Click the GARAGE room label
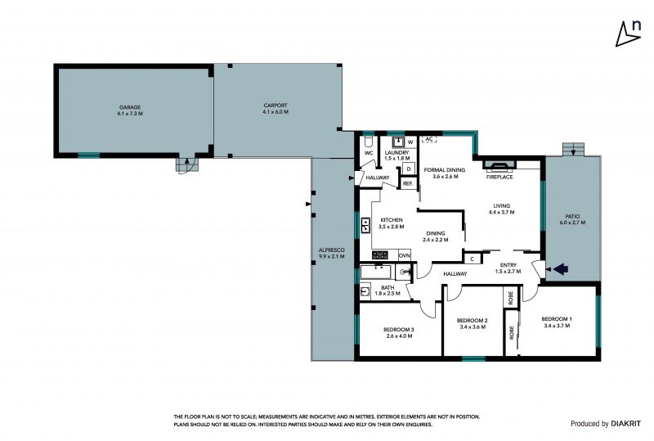click(x=130, y=107)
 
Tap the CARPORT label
click(x=275, y=106)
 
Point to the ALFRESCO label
click(x=332, y=250)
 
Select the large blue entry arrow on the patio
click(x=561, y=269)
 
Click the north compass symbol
click(x=628, y=33)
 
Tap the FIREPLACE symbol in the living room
click(x=499, y=165)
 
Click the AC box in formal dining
click(x=428, y=139)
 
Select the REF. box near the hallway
click(x=407, y=183)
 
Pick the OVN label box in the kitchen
click(x=404, y=255)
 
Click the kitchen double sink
click(x=365, y=225)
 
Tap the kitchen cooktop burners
click(x=380, y=254)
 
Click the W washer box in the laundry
click(x=410, y=142)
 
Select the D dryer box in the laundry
click(x=409, y=169)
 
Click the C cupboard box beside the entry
click(x=473, y=259)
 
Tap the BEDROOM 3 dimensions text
click(x=399, y=335)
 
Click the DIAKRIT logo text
click(x=625, y=424)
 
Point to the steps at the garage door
click(x=186, y=165)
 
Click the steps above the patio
click(x=574, y=149)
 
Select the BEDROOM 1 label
click(x=557, y=319)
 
